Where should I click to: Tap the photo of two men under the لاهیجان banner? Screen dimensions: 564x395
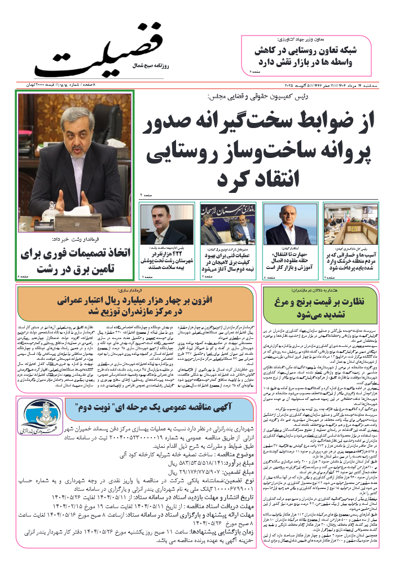coord(220,225)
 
